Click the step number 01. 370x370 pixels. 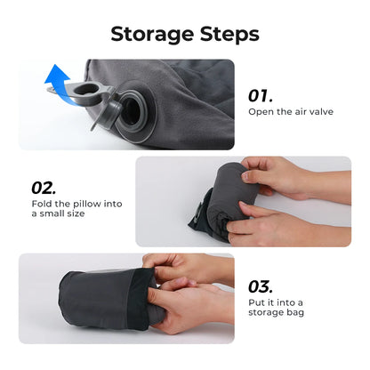click(261, 95)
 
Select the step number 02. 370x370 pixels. click(44, 188)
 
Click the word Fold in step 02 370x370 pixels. click(40, 205)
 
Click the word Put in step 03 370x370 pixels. click(255, 304)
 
